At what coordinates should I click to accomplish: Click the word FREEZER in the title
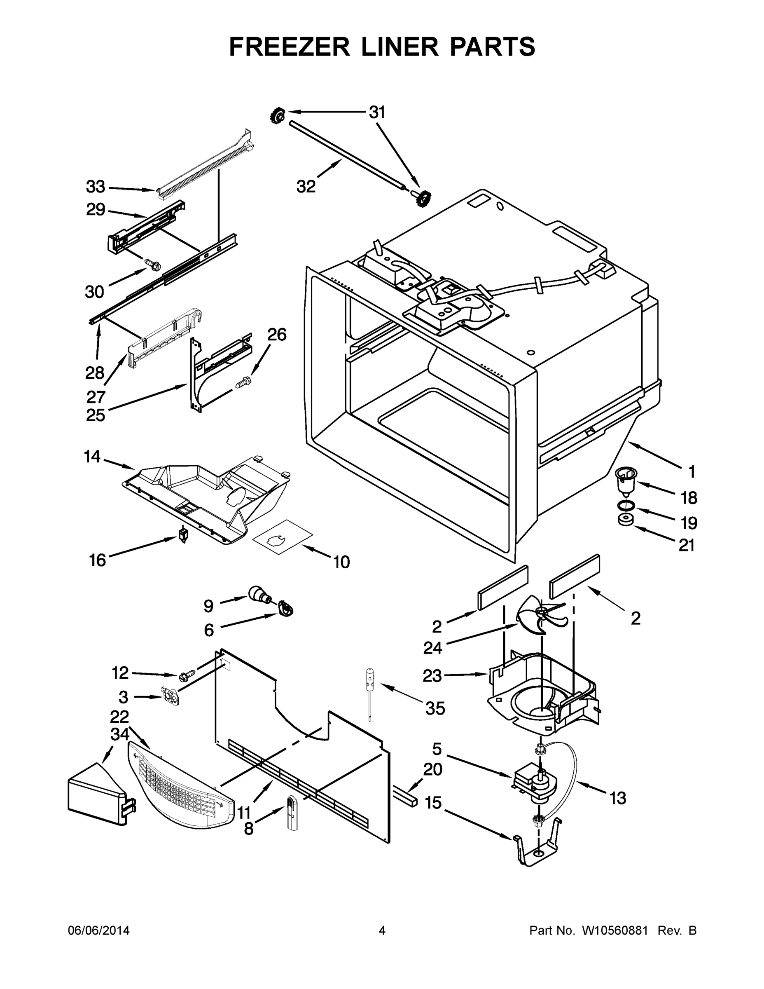click(289, 47)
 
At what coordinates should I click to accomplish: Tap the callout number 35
click(435, 709)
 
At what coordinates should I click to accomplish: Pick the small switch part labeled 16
click(183, 534)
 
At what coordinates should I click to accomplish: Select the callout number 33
click(96, 187)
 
